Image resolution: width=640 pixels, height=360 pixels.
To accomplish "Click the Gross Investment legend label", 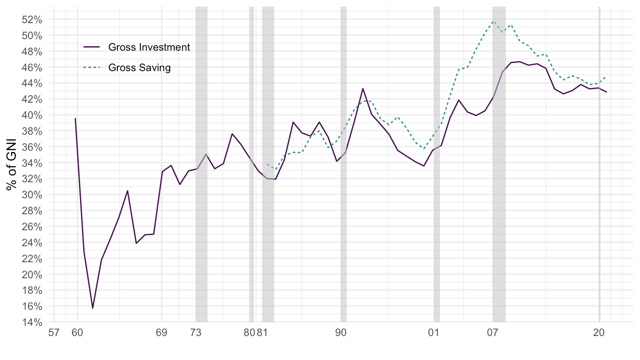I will (149, 47).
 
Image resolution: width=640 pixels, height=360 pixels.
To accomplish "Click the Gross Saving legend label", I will (139, 68).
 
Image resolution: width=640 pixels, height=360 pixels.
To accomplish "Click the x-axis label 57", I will (54, 332).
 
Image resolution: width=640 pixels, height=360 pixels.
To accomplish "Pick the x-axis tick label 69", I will (161, 332).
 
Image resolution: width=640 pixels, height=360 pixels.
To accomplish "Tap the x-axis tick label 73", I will (196, 332).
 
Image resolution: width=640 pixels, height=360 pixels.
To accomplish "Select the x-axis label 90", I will (341, 332).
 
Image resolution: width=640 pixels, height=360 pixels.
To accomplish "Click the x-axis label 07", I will (492, 332).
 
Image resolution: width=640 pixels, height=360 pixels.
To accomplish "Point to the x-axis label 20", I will (599, 332).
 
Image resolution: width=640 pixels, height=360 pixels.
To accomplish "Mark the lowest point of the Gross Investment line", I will (92, 308).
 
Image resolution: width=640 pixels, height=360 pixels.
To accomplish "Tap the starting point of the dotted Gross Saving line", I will (267, 164).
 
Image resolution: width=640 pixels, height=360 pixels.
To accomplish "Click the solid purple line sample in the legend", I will (92, 47).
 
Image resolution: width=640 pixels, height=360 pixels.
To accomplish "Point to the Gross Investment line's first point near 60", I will (75, 118).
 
